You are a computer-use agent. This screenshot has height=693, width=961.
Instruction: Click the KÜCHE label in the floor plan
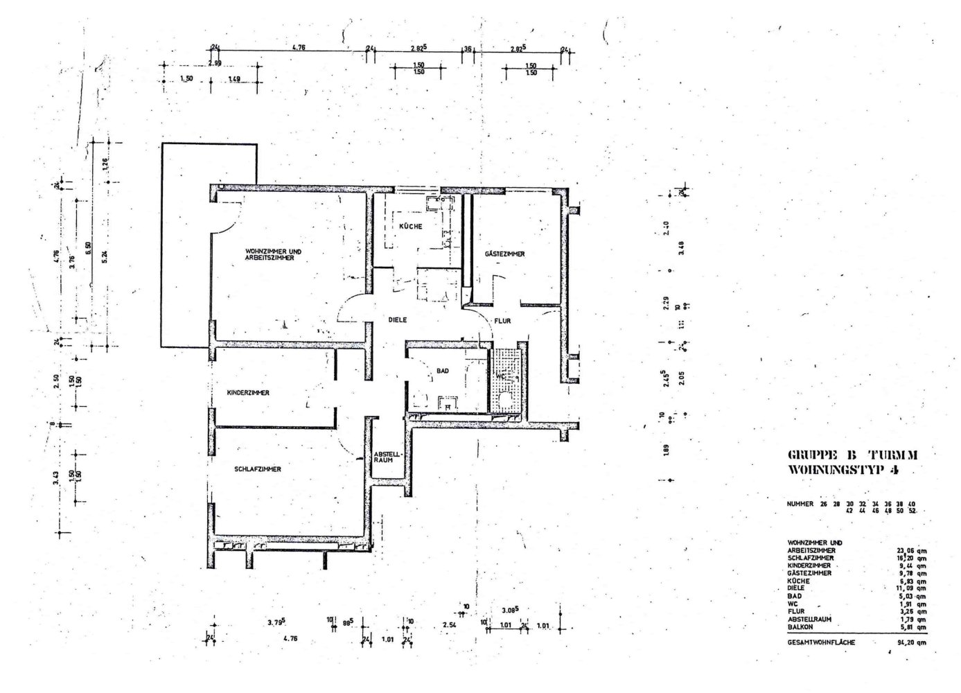[410, 227]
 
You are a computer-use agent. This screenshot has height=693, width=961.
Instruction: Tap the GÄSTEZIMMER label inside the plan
[504, 254]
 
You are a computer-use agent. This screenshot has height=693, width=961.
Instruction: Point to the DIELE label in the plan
[397, 319]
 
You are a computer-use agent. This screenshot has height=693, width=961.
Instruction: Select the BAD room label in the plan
[442, 371]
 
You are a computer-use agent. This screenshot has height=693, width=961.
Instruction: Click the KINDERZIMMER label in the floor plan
[248, 393]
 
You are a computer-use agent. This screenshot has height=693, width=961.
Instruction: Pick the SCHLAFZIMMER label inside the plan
[258, 469]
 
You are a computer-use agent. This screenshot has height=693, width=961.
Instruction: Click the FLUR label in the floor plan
[502, 321]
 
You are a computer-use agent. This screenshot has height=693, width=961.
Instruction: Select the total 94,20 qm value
[911, 642]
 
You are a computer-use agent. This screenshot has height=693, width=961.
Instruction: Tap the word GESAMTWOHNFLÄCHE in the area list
[821, 642]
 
